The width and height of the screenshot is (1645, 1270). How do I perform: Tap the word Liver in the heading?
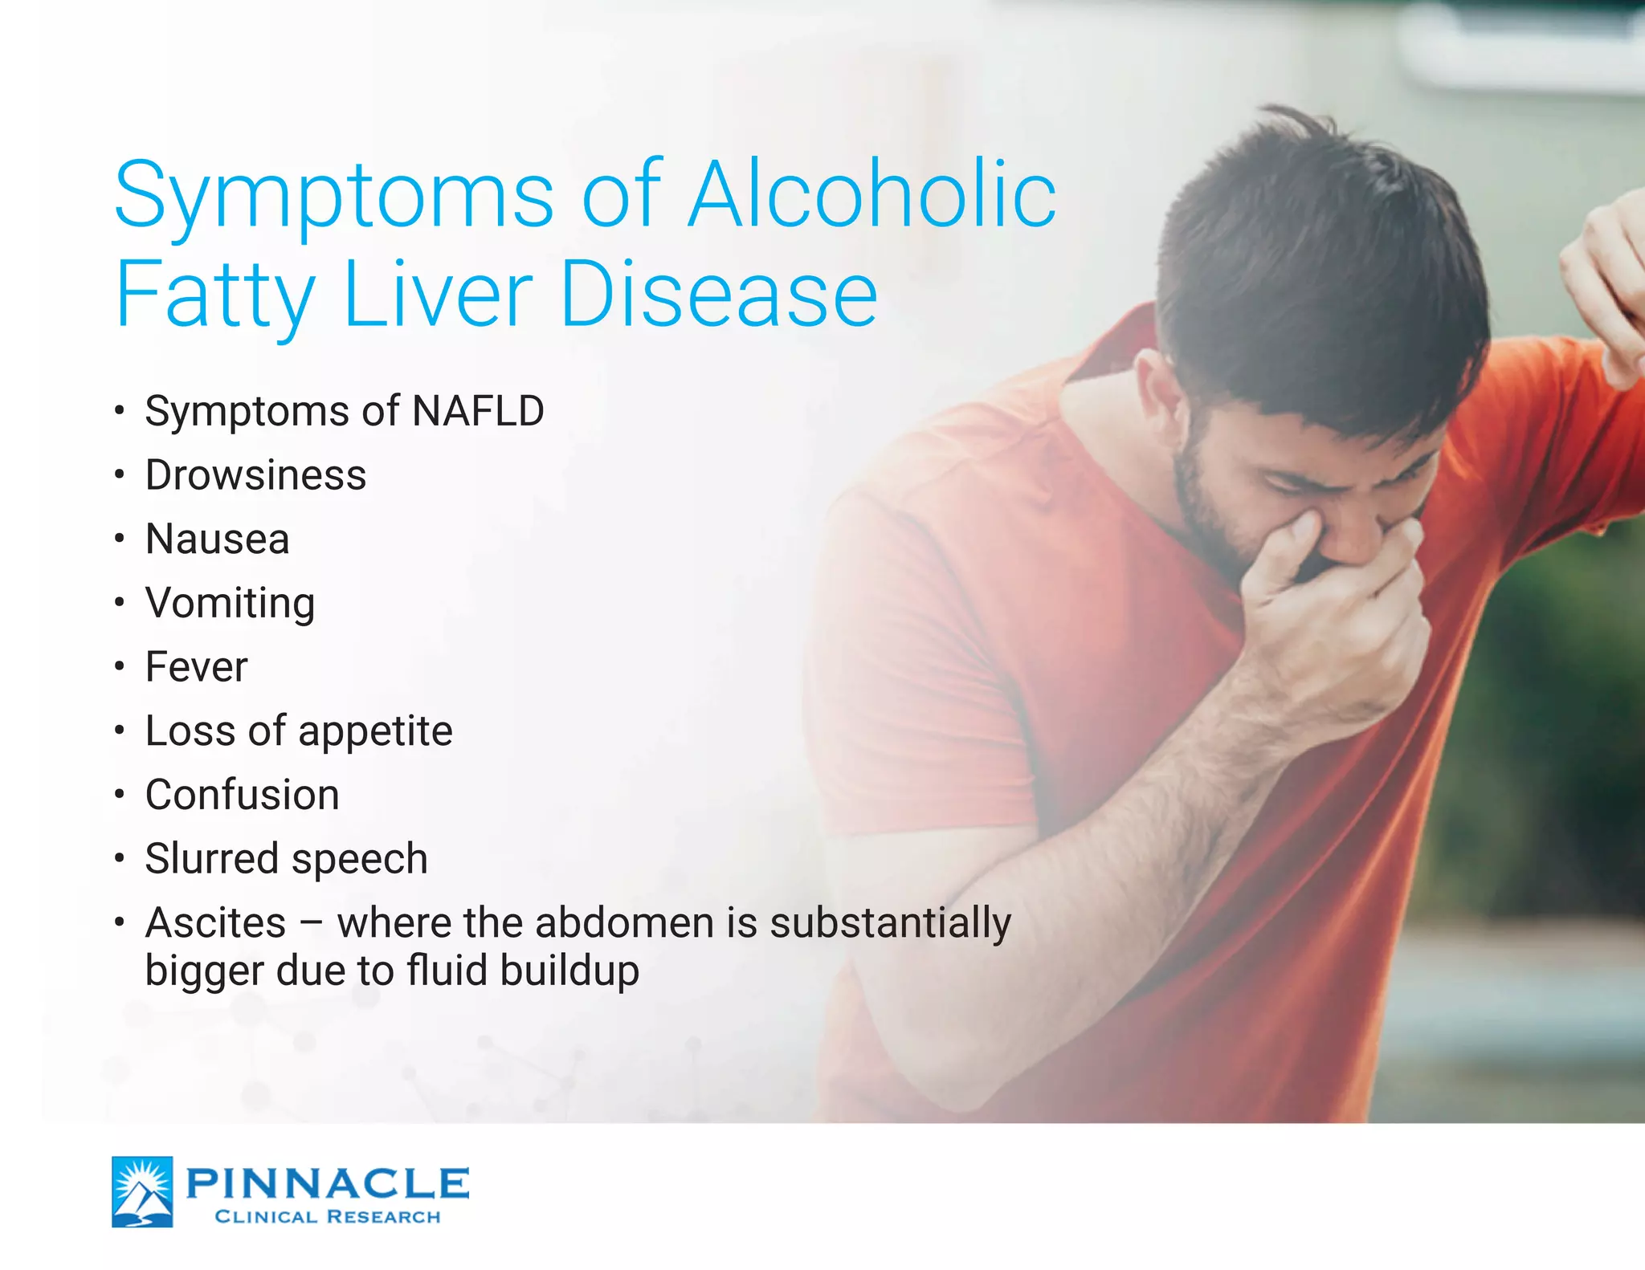coord(438,295)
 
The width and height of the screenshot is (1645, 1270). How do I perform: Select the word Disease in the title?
coord(719,295)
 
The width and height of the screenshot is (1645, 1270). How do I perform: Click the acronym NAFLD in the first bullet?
coord(478,411)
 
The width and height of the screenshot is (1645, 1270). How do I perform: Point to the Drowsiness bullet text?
coord(255,475)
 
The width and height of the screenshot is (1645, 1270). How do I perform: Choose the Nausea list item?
coord(217,539)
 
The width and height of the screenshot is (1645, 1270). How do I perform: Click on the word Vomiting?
coord(230,604)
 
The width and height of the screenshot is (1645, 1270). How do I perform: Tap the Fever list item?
coord(196,667)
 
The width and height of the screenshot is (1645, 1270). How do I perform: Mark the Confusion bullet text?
coord(242,795)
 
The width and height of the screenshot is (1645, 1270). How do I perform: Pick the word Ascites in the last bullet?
coord(215,923)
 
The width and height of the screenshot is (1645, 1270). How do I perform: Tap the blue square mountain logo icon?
coord(142,1191)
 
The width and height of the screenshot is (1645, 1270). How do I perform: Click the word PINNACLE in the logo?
coord(328,1182)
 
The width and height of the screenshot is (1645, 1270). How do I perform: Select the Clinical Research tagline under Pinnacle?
coord(328,1217)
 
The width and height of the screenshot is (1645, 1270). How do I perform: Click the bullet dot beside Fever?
coord(119,667)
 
